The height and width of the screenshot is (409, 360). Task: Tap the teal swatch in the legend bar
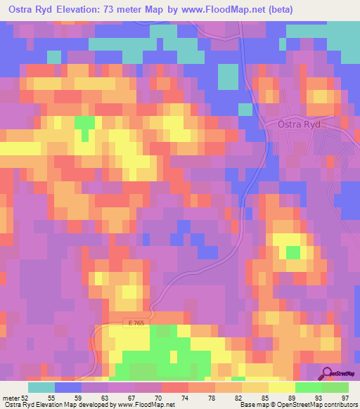(41, 387)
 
